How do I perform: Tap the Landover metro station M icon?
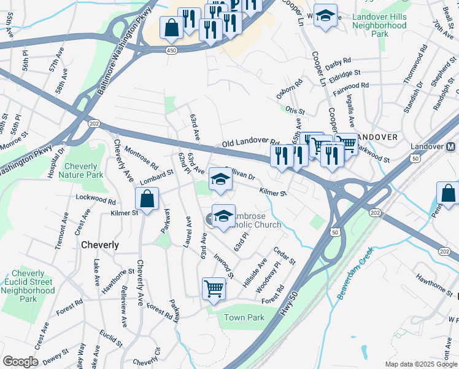[450, 147]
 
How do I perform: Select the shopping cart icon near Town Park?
[214, 287]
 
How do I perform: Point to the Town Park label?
[244, 318]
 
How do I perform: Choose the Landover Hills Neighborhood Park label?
[380, 25]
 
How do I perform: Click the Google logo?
[20, 362]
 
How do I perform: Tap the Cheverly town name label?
[100, 245]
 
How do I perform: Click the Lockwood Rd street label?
[95, 200]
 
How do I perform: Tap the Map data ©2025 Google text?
[421, 364]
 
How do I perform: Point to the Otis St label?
[295, 111]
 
